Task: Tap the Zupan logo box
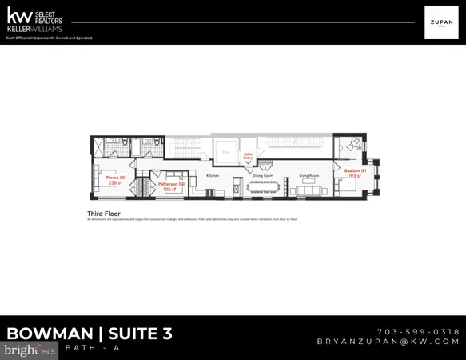pos(441,22)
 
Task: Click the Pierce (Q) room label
pos(116,178)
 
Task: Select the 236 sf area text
pos(116,183)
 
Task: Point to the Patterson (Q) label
pos(171,184)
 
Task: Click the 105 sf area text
pos(169,190)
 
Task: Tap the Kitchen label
pos(213,176)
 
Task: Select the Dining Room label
pos(263,175)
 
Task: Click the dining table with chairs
pos(263,187)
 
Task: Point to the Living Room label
pos(309,175)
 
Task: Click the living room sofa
pos(309,191)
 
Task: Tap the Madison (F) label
pos(355,170)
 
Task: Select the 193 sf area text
pos(355,176)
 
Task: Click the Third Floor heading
pos(103,214)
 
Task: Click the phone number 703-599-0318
pos(418,331)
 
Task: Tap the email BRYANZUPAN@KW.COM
pos(388,342)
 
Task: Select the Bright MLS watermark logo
pos(29,350)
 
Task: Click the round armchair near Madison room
pos(352,145)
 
